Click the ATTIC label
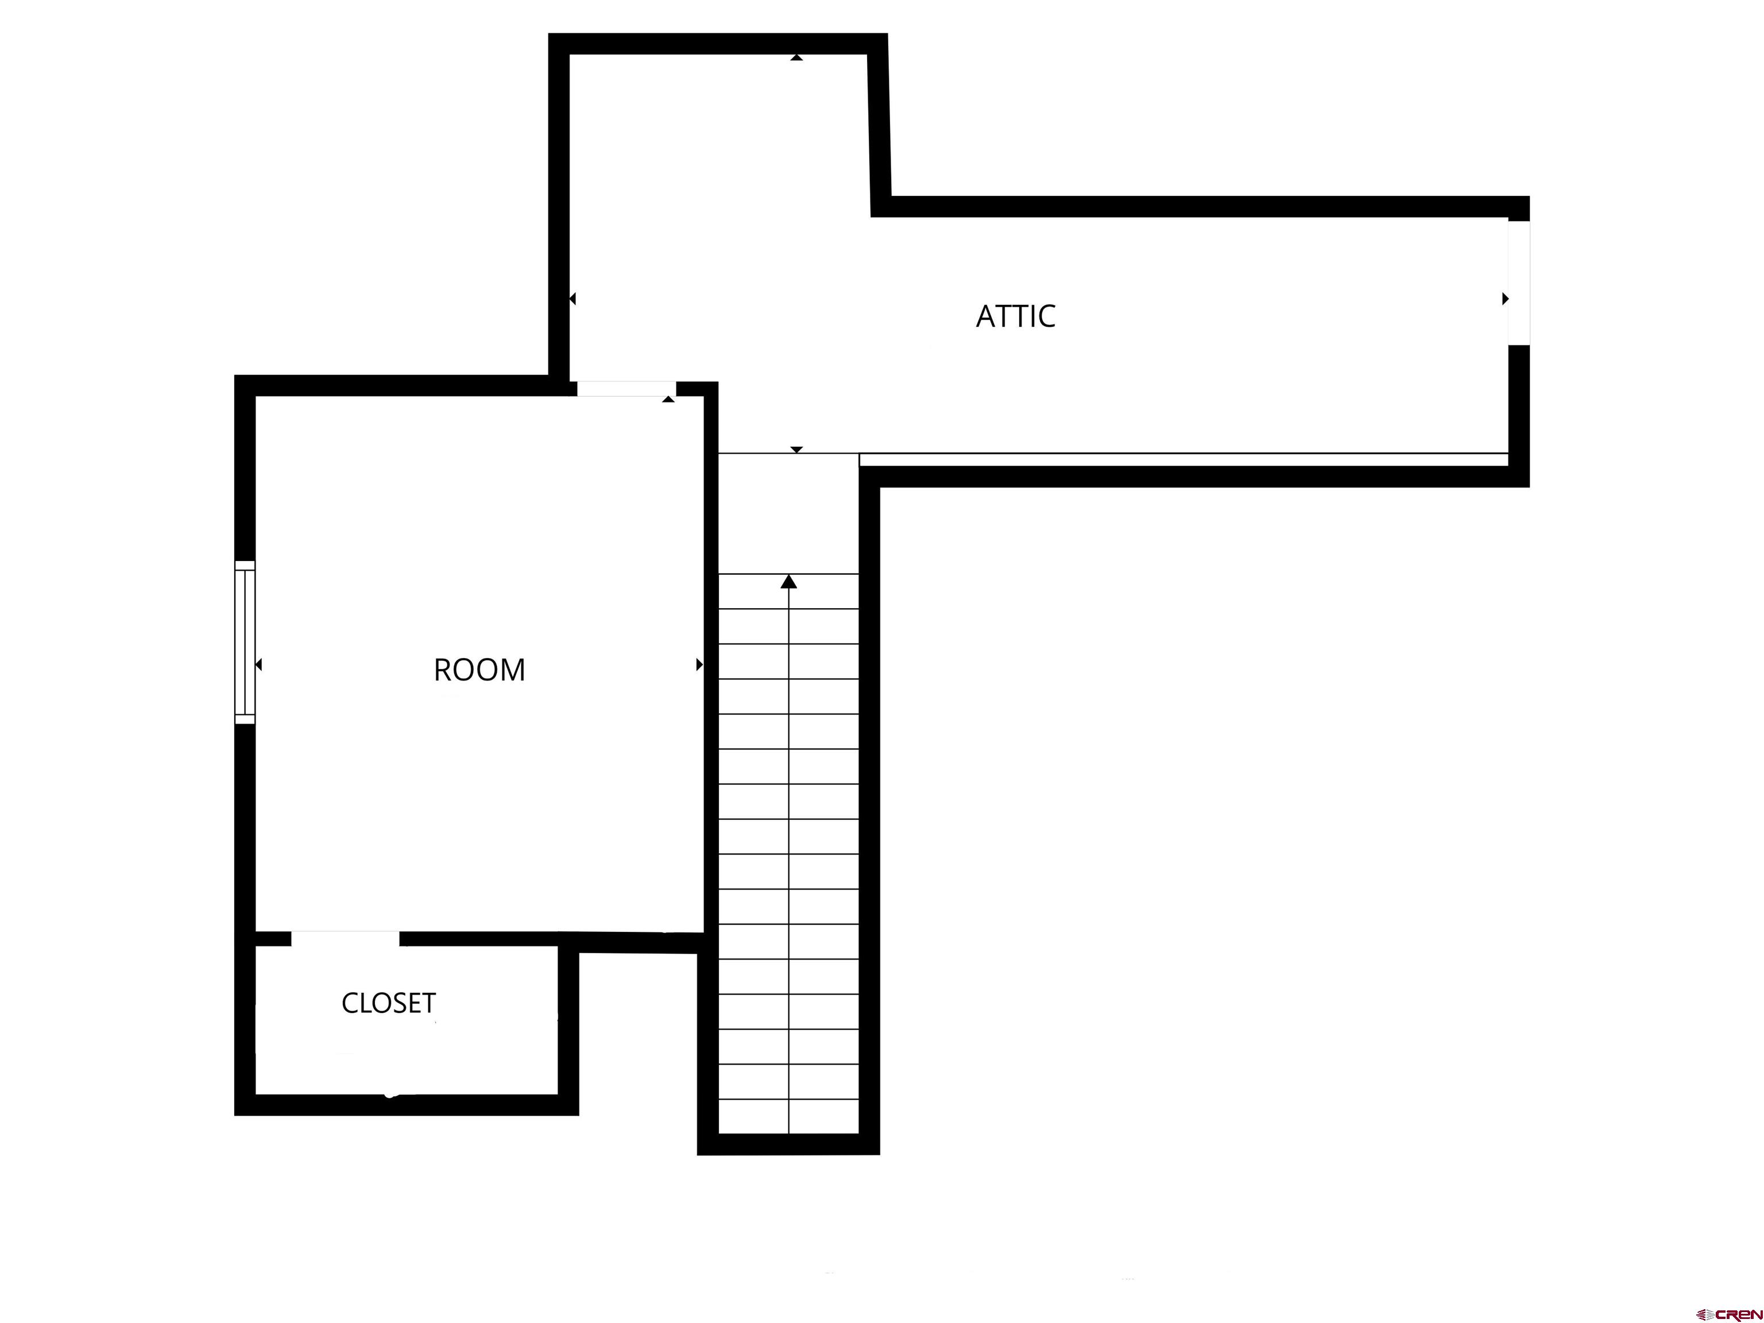[x=1015, y=316]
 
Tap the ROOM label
[x=479, y=670]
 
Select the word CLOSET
[x=388, y=1003]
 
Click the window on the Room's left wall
[x=245, y=643]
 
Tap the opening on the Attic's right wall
[x=1518, y=283]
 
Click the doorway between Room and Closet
[x=345, y=939]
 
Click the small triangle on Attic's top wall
[x=796, y=57]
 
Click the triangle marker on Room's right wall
[x=699, y=664]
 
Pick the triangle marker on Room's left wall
[x=258, y=664]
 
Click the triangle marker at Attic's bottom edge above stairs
[x=796, y=450]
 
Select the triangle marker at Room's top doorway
[x=668, y=399]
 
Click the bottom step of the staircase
[x=789, y=1116]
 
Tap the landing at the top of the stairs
[x=789, y=513]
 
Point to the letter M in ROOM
[x=512, y=670]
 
